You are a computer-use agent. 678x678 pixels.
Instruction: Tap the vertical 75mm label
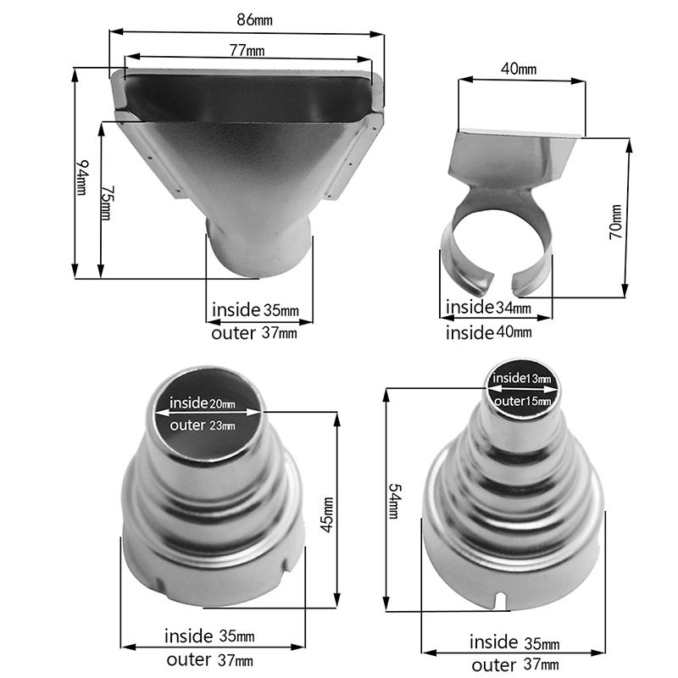pyautogui.click(x=105, y=203)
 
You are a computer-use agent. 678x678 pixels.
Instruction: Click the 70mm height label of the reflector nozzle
pyautogui.click(x=616, y=222)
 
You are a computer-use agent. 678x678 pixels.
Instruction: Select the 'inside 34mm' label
pyautogui.click(x=489, y=307)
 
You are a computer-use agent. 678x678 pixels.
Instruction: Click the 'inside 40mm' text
pyautogui.click(x=489, y=332)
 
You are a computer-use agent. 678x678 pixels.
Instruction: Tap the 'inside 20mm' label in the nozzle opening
pyautogui.click(x=203, y=403)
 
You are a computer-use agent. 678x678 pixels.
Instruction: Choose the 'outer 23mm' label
pyautogui.click(x=203, y=425)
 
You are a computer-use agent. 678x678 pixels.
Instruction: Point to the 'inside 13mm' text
pyautogui.click(x=522, y=378)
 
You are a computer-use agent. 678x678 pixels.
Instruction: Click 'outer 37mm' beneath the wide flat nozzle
pyautogui.click(x=253, y=333)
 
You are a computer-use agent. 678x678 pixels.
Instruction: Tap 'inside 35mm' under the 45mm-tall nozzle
pyautogui.click(x=208, y=636)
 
